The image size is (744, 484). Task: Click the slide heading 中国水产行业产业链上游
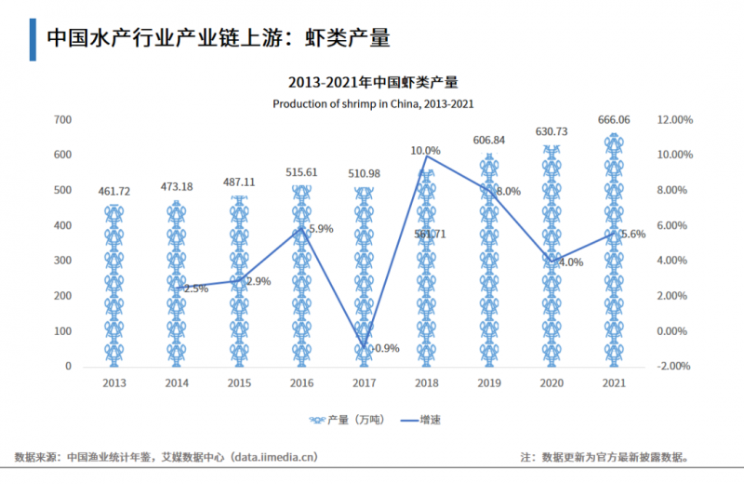(218, 38)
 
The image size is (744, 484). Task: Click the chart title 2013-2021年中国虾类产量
(373, 83)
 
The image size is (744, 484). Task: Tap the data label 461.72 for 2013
(114, 192)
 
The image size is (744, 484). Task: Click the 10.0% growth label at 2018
(425, 150)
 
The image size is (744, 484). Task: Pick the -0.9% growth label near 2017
(385, 349)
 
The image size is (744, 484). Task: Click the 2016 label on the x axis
(302, 383)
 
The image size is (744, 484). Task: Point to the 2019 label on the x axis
(489, 383)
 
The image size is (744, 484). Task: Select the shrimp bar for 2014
(177, 284)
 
